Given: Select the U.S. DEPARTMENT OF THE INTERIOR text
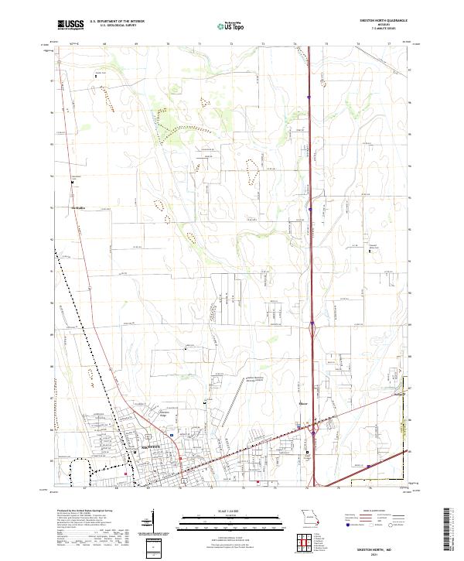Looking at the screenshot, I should tap(117, 21).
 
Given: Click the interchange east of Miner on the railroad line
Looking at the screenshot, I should tap(316, 427).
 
